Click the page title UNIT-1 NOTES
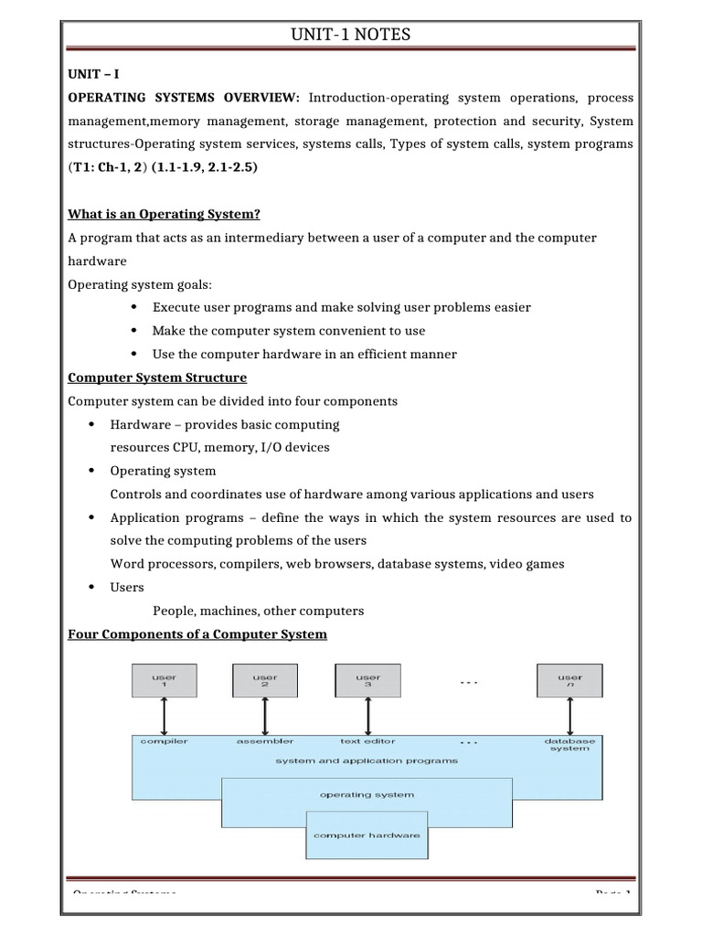350,35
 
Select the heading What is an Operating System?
165,214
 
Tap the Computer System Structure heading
157,377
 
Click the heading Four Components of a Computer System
197,633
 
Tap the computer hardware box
367,835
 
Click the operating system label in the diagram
366,794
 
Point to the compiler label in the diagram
165,741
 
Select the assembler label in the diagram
265,741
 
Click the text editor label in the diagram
367,741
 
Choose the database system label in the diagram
569,745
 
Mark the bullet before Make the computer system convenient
133,331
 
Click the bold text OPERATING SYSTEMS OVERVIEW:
186,98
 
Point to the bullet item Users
127,587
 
